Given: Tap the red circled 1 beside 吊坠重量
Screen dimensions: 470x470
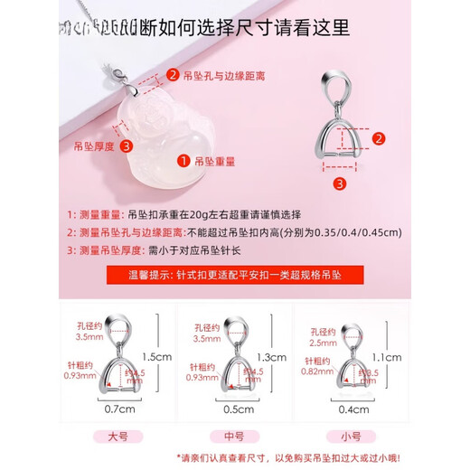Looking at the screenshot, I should pyautogui.click(x=183, y=162).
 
